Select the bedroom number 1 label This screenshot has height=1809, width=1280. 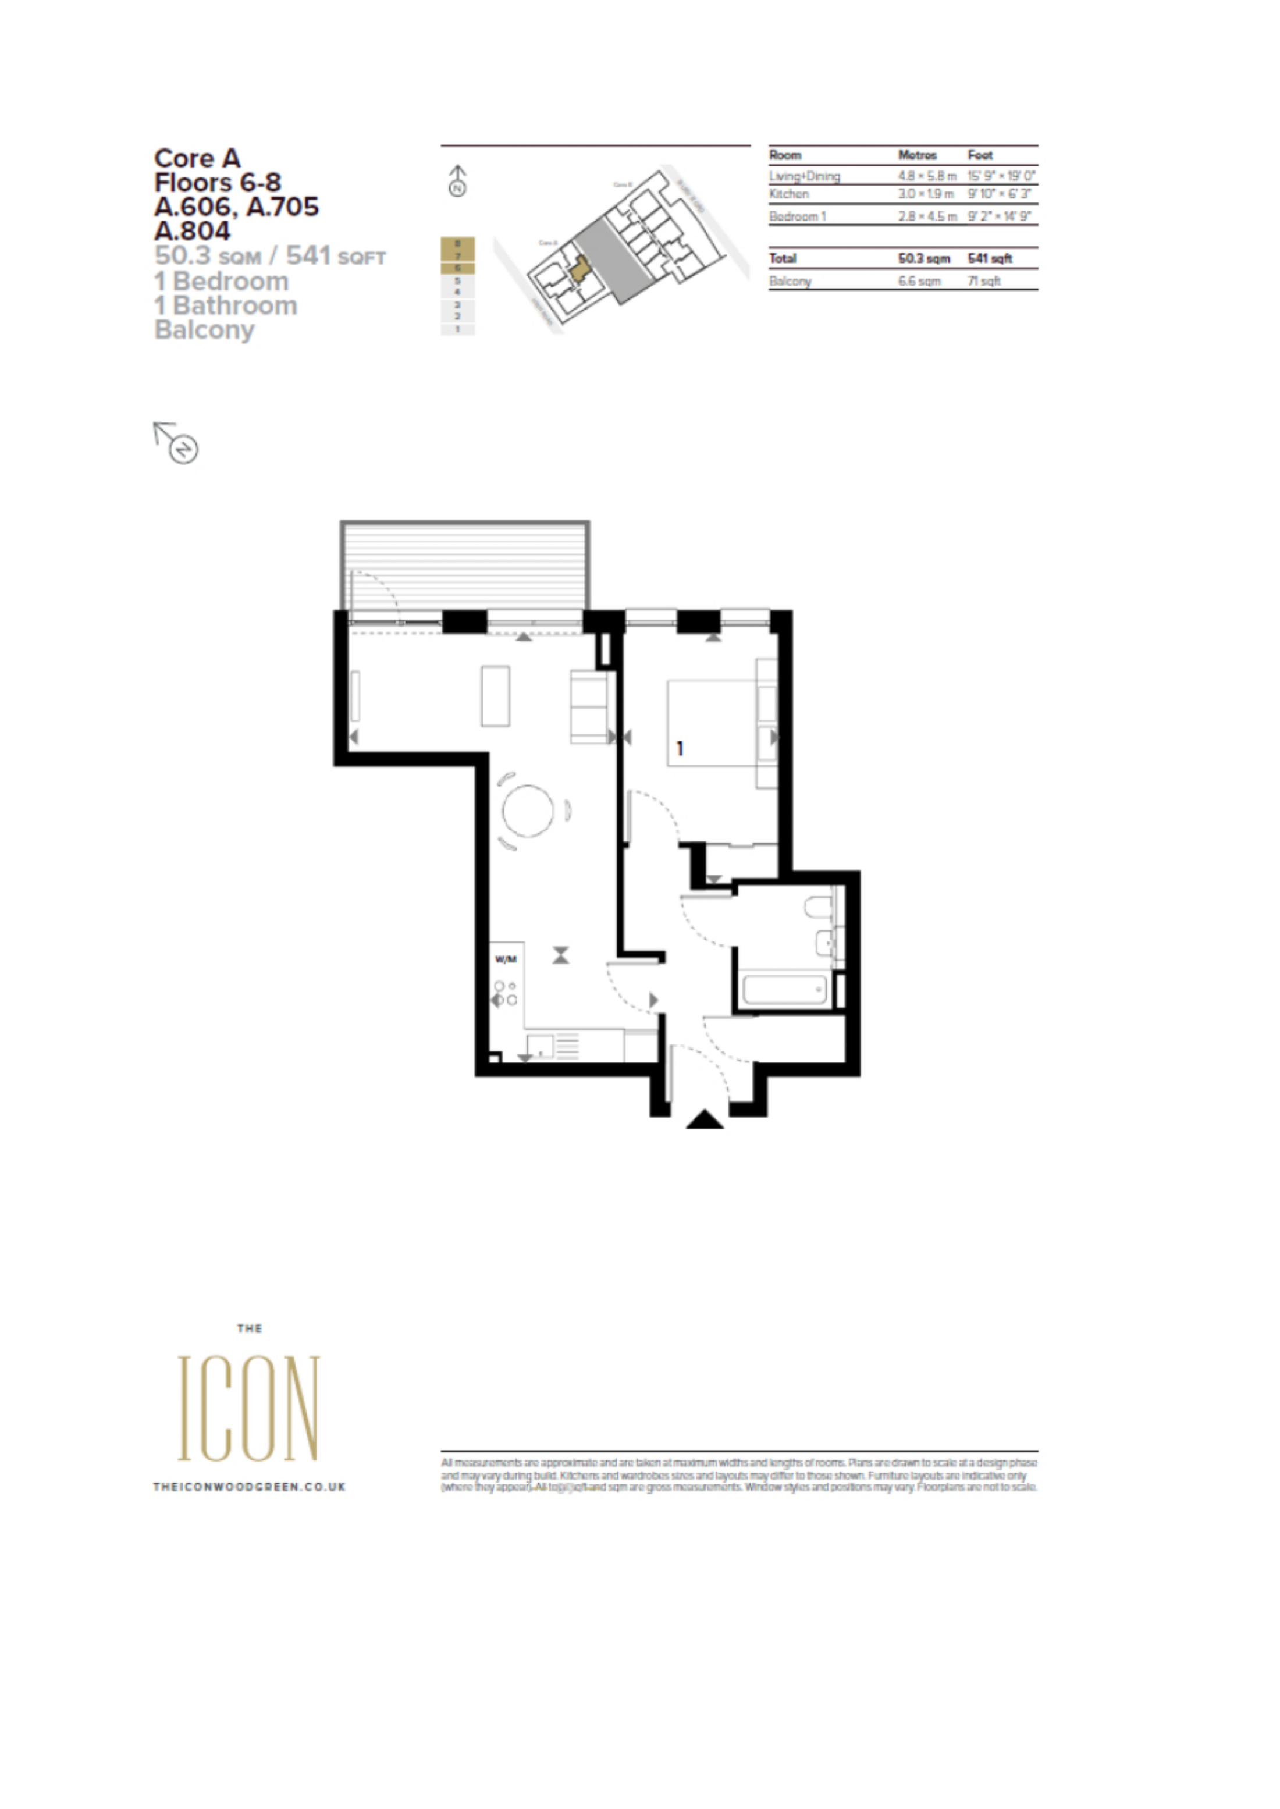(680, 748)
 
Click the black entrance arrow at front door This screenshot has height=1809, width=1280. (705, 1119)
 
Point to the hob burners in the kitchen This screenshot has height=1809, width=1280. (505, 993)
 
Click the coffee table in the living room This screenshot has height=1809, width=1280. (495, 695)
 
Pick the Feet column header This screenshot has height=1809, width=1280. (980, 155)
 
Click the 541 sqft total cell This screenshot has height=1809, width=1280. (989, 258)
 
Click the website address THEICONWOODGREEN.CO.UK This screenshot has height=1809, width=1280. (249, 1487)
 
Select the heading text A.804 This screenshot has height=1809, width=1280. (193, 231)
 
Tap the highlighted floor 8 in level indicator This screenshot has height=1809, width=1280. (457, 244)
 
